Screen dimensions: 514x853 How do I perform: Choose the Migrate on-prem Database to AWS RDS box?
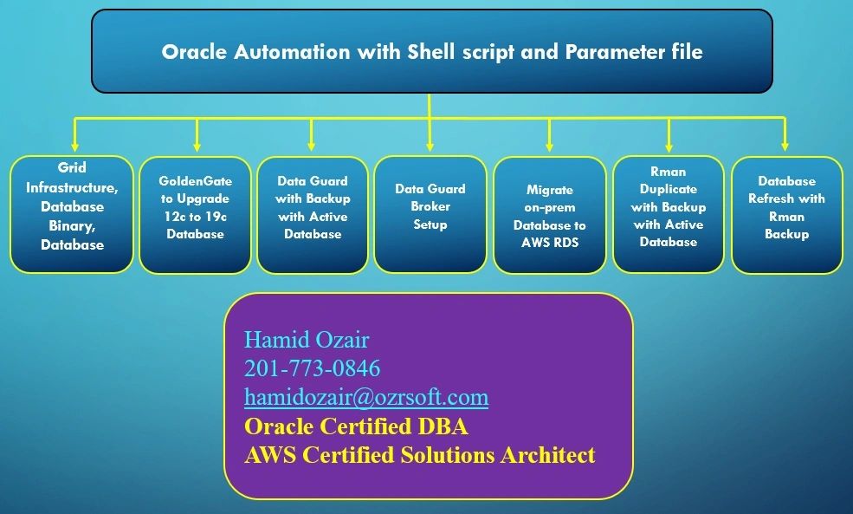tap(549, 216)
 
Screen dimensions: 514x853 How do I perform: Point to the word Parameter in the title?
tap(607, 52)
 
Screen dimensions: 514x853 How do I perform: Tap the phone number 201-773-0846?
tap(312, 368)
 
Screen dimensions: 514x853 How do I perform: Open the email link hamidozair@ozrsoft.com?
tap(366, 397)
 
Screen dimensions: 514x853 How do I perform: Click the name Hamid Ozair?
tap(307, 339)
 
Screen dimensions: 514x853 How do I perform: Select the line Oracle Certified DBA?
tap(356, 426)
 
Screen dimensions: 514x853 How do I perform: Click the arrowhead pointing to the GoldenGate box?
tap(197, 146)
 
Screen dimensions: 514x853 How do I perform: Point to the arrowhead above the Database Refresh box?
tap(785, 146)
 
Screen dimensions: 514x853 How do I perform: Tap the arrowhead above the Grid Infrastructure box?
tap(76, 146)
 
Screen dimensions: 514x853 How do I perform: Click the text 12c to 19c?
tap(195, 216)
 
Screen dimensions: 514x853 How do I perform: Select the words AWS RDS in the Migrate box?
tap(549, 242)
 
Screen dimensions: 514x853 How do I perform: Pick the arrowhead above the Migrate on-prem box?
tap(549, 146)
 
